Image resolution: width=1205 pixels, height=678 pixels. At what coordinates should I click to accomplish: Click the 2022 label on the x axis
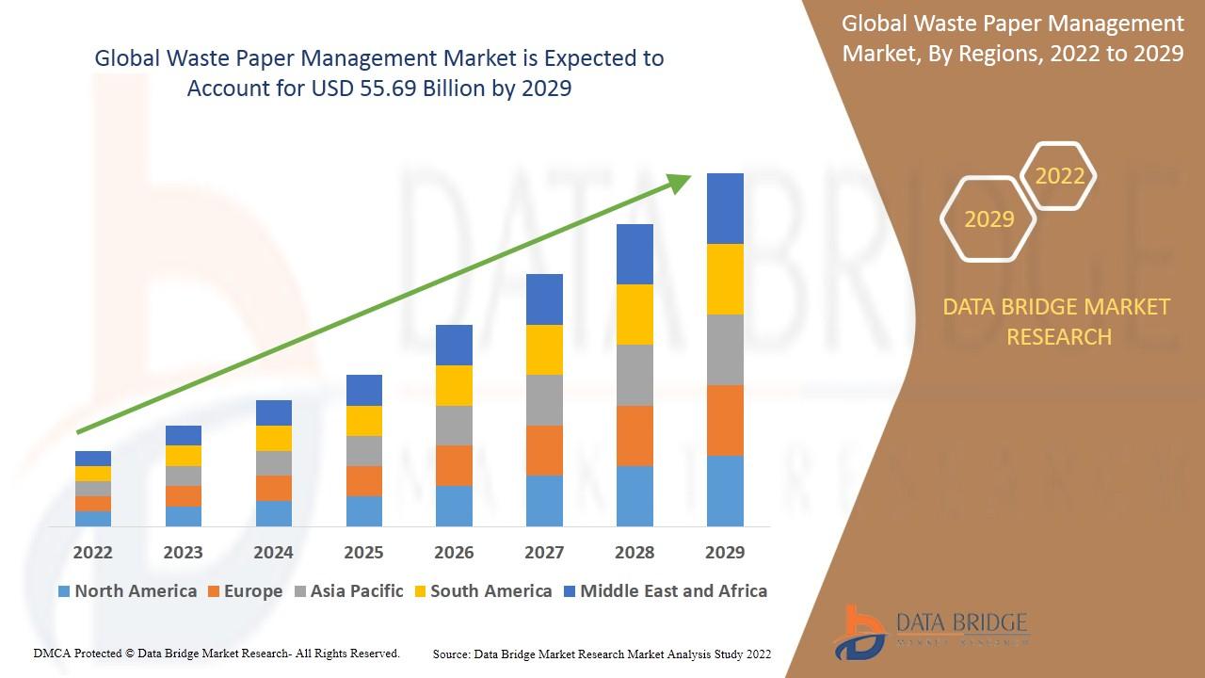tap(92, 552)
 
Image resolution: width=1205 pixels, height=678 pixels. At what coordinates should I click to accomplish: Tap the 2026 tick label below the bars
tap(454, 552)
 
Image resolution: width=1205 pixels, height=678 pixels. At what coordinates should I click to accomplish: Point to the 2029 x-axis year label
tap(725, 552)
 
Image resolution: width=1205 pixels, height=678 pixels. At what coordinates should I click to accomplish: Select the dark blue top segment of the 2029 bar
tap(725, 208)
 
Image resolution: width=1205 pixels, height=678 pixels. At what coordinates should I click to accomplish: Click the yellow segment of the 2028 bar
tap(635, 315)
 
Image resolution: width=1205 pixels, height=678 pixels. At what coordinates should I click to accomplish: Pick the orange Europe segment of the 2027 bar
tap(544, 450)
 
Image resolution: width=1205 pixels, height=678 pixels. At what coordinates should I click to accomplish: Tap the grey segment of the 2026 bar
tap(454, 426)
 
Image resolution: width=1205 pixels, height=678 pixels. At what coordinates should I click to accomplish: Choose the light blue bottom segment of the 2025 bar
tap(363, 510)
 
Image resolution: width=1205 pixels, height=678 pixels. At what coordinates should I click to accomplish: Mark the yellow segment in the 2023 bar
tap(183, 456)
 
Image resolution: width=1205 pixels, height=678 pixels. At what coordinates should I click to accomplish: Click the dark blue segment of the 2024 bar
tap(273, 412)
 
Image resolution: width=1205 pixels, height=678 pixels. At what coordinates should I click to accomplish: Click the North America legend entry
tap(127, 591)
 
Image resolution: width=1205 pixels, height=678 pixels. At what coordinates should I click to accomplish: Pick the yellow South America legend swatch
tap(420, 592)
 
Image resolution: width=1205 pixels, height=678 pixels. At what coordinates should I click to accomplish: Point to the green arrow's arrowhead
tap(680, 183)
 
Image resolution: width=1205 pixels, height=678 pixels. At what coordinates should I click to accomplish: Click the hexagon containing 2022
tap(1059, 176)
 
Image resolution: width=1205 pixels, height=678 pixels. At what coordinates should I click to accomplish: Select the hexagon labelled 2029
tap(988, 218)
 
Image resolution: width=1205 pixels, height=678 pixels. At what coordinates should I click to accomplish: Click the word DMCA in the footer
tap(51, 653)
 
